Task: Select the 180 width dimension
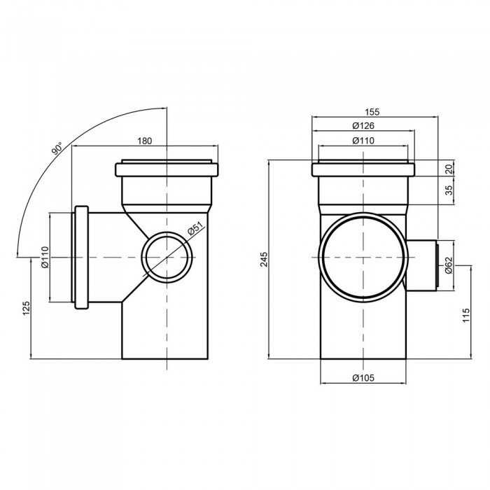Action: pyautogui.click(x=144, y=141)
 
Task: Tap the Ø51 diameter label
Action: pyautogui.click(x=195, y=230)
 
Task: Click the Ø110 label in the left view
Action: pyautogui.click(x=43, y=258)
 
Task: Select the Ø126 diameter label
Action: pyautogui.click(x=363, y=126)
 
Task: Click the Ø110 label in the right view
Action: pyautogui.click(x=363, y=141)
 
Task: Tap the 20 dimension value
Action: pyautogui.click(x=449, y=168)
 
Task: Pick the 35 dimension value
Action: pyautogui.click(x=449, y=190)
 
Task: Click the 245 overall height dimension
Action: pyautogui.click(x=263, y=259)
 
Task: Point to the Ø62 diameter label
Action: pyautogui.click(x=448, y=264)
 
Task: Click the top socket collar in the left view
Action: pyautogui.click(x=167, y=169)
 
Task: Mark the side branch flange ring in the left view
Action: pyautogui.click(x=82, y=258)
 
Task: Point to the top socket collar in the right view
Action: pyautogui.click(x=365, y=169)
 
